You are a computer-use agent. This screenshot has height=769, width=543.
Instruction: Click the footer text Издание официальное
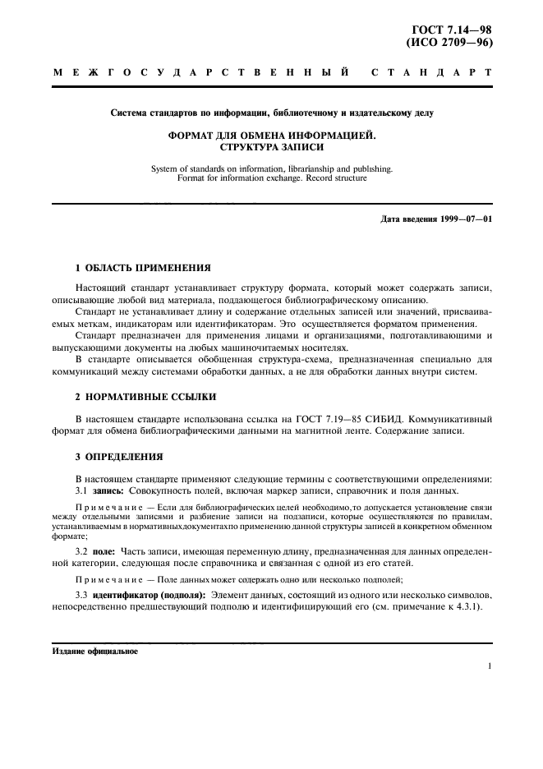[x=95, y=651]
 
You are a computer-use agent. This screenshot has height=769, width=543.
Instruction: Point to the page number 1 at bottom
[x=489, y=668]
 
